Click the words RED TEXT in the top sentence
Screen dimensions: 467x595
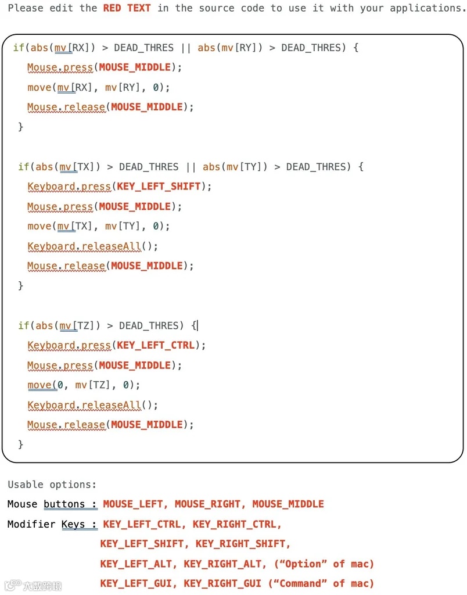(x=127, y=8)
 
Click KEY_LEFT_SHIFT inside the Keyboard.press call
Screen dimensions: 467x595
(x=159, y=187)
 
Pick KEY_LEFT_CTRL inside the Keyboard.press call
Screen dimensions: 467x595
(x=156, y=345)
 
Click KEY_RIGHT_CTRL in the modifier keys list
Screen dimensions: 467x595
(x=236, y=524)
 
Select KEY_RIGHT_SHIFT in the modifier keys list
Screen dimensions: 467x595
(x=243, y=544)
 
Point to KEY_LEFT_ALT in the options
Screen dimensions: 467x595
(x=137, y=564)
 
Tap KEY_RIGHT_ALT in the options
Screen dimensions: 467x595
(x=222, y=564)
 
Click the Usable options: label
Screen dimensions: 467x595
(x=52, y=485)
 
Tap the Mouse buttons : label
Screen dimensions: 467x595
(x=52, y=504)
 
